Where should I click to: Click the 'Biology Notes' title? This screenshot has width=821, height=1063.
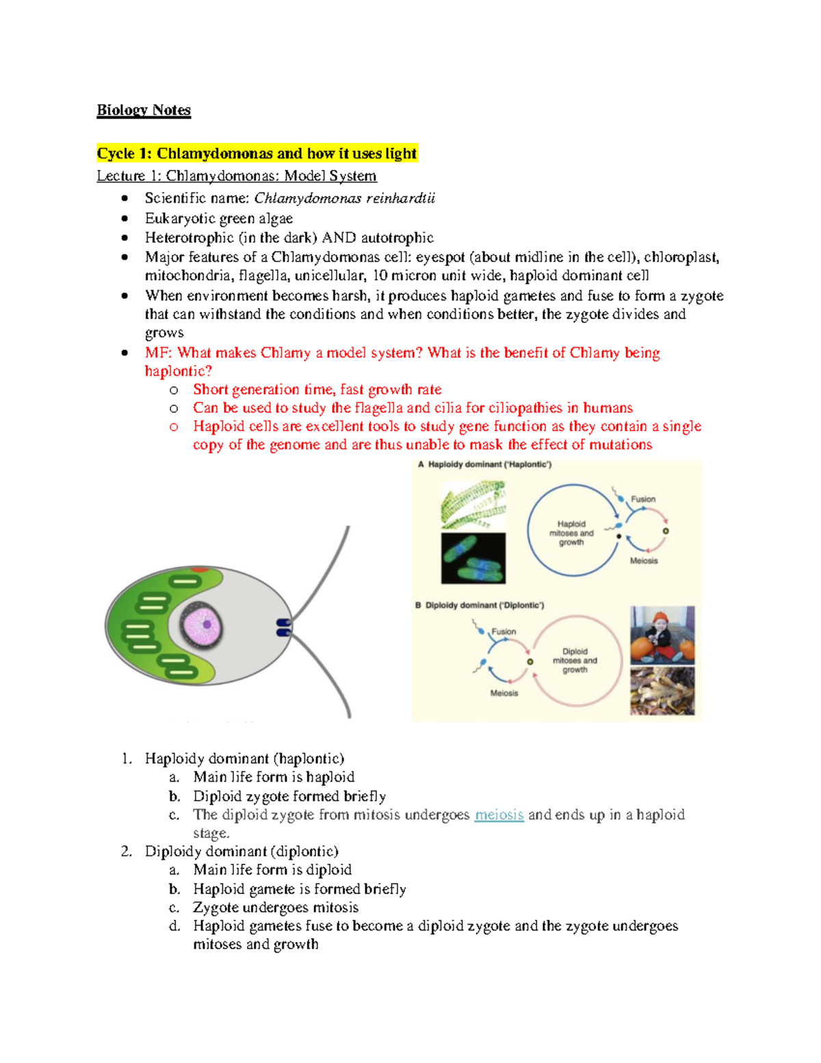coord(144,110)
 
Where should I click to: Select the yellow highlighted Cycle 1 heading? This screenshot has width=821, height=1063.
coord(257,153)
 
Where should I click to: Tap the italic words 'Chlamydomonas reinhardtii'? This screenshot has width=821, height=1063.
coord(344,198)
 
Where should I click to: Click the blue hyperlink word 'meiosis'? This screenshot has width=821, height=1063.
coord(499,815)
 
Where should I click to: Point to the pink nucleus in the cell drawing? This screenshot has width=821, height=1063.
coord(201,625)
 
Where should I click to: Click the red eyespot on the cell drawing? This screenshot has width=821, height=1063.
coord(200,569)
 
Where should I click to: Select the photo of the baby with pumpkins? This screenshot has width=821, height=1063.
coord(662,635)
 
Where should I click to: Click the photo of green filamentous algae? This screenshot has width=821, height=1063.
coord(473,504)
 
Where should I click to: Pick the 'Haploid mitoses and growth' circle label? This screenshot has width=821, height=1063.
coord(571,533)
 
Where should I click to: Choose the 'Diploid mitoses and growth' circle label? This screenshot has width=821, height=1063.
coord(575,661)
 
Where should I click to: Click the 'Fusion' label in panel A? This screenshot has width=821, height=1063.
coord(642,499)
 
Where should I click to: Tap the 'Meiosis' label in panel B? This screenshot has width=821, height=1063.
coord(504,693)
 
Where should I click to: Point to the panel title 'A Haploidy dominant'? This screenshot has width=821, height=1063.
coord(484,465)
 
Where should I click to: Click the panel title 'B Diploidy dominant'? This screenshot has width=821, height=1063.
coord(480,605)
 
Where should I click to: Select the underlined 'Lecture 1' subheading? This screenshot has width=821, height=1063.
coord(236,176)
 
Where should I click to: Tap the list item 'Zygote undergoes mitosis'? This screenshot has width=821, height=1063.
coord(275,908)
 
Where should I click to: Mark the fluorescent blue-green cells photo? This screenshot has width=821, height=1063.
coord(473,559)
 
